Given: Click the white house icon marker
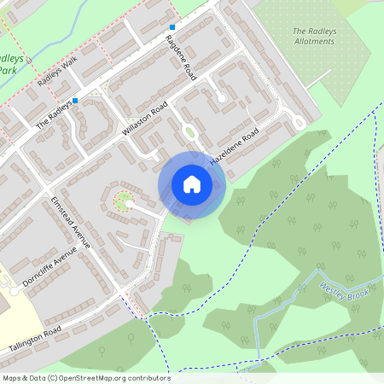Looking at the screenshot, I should (192, 183).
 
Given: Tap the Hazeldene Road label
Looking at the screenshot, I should (234, 148).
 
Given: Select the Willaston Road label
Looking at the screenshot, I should (144, 121).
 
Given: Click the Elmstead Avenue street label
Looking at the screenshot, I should (65, 222).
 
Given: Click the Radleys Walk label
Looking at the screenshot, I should (57, 74).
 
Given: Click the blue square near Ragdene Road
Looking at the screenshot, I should (172, 27).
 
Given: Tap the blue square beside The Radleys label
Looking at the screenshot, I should (75, 101).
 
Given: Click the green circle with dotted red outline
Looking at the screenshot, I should (122, 201).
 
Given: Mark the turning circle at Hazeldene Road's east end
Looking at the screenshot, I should (299, 122).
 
